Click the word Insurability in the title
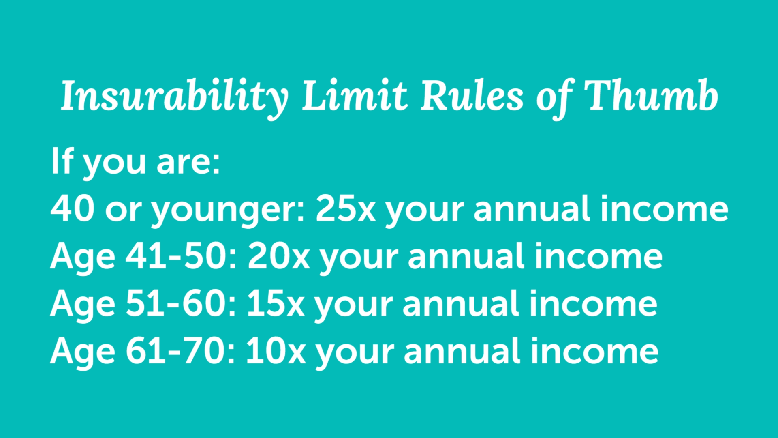coord(175,97)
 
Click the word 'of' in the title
coord(554,99)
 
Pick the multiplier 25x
coord(346,208)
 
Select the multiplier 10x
coord(276,351)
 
